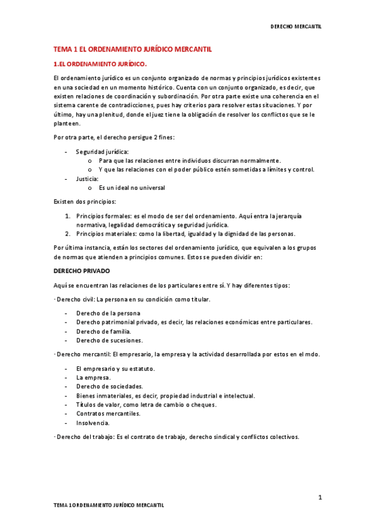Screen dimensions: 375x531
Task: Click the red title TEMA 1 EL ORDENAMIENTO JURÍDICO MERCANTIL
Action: click(x=132, y=49)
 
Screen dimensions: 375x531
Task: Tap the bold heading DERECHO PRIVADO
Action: click(x=81, y=271)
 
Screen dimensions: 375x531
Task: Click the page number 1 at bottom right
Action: click(x=319, y=497)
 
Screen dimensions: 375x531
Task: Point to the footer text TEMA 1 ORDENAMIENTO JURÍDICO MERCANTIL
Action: click(x=108, y=504)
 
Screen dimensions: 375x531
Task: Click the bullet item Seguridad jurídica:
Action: click(x=102, y=152)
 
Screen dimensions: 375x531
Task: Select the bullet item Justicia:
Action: click(x=87, y=178)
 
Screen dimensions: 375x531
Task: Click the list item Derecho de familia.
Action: click(x=103, y=331)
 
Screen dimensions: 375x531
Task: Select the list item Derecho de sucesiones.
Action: click(x=109, y=341)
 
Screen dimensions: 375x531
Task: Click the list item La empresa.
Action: click(x=93, y=378)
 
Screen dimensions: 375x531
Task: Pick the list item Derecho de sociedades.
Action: click(x=110, y=386)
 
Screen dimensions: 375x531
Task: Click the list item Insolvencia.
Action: click(x=93, y=423)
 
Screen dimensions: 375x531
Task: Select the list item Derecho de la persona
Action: click(x=108, y=313)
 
